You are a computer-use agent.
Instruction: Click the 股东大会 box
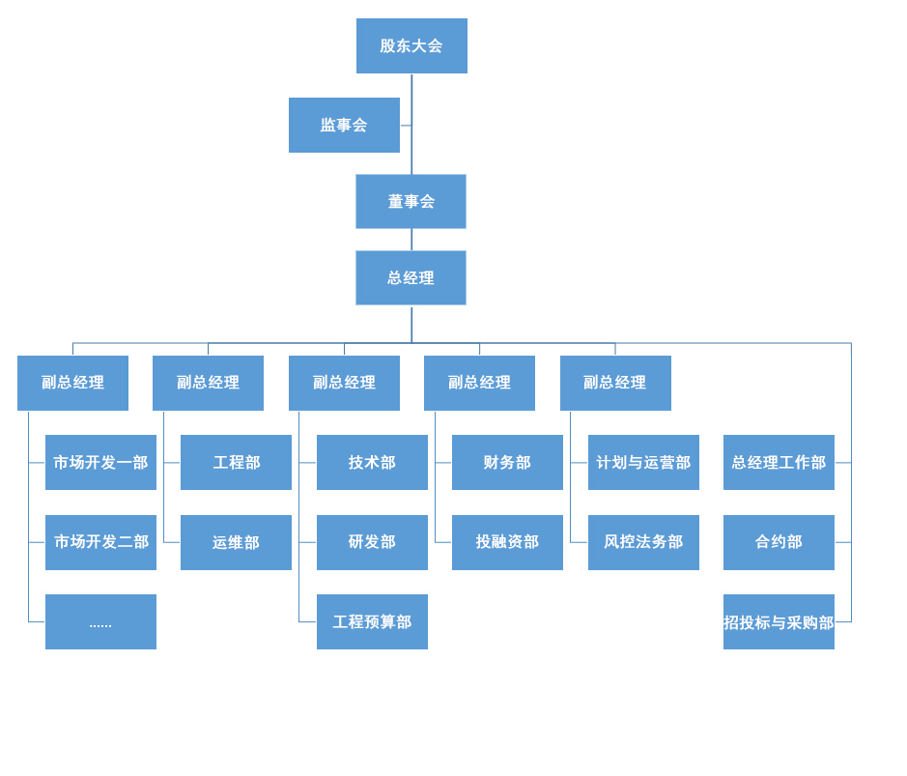click(x=411, y=45)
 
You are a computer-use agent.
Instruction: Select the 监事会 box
click(x=344, y=125)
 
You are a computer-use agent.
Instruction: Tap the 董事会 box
click(x=411, y=201)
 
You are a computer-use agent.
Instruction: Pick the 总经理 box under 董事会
click(x=411, y=277)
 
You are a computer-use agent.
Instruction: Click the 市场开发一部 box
click(x=100, y=462)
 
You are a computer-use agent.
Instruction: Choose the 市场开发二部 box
click(x=100, y=542)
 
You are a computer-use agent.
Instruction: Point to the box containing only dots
click(x=100, y=621)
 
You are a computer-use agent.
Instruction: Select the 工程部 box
click(x=236, y=462)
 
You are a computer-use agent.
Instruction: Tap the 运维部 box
click(x=236, y=542)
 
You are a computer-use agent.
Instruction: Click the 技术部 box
click(x=372, y=462)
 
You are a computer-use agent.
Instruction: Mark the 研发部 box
click(x=372, y=542)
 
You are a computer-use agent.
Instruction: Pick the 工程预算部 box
click(x=372, y=621)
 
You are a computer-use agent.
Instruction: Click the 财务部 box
click(x=507, y=462)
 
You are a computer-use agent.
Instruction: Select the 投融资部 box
click(x=507, y=542)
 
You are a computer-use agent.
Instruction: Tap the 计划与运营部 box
click(x=644, y=462)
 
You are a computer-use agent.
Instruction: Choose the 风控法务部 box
click(x=644, y=542)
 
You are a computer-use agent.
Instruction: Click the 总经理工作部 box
click(x=779, y=462)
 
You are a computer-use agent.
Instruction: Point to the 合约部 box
click(x=779, y=542)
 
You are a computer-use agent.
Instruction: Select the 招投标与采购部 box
click(x=779, y=621)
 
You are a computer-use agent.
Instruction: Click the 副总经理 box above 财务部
click(x=479, y=383)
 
